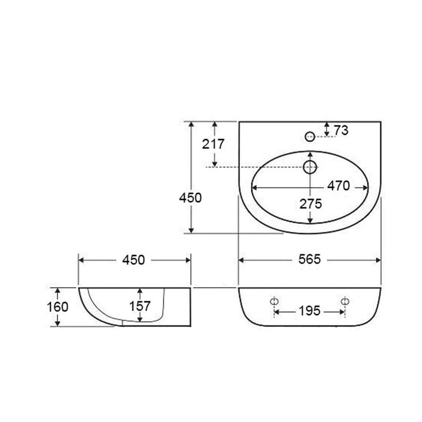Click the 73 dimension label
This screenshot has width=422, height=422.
pyautogui.click(x=341, y=130)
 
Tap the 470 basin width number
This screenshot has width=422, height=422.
pyautogui.click(x=339, y=186)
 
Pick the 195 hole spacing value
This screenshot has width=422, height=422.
pyautogui.click(x=309, y=311)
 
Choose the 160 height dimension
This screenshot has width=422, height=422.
pyautogui.click(x=59, y=307)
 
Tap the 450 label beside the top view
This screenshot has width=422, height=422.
pyautogui.click(x=190, y=198)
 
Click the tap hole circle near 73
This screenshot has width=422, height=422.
pyautogui.click(x=310, y=137)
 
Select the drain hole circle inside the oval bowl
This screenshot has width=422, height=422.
pyautogui.click(x=310, y=168)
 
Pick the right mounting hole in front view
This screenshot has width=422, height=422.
pyautogui.click(x=345, y=301)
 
